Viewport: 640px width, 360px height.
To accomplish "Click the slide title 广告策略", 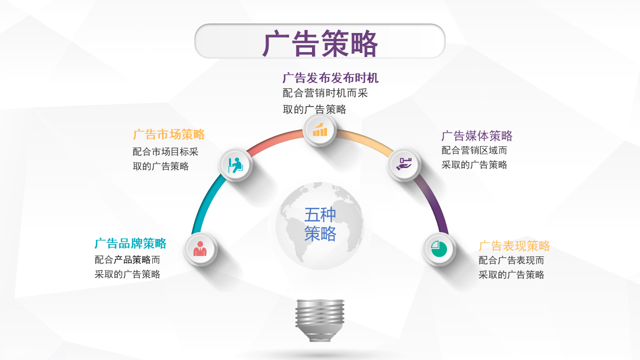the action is click(320, 43).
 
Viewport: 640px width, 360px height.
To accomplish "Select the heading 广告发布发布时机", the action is click(330, 78).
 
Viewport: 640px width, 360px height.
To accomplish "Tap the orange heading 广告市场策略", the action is click(169, 134).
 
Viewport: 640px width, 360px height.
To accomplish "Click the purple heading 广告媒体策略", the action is click(477, 136).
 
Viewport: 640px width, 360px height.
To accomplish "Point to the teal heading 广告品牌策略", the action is click(130, 243).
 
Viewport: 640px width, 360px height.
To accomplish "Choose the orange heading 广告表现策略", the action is click(514, 246).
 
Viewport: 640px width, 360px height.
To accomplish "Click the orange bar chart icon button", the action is click(320, 129).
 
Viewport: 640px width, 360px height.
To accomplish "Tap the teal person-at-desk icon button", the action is click(235, 165).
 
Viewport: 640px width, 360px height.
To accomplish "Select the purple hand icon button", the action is click(404, 164).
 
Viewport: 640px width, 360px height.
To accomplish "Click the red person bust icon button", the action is click(200, 248).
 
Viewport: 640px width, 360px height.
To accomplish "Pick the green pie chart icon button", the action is click(439, 248).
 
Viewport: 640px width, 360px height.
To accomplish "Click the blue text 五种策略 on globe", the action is click(320, 224).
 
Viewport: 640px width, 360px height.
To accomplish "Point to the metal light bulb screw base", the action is click(320, 320).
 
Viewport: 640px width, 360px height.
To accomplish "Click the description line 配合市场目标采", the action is click(165, 152).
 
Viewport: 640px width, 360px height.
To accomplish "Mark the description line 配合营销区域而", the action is click(474, 150).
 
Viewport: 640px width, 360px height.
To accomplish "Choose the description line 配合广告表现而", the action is click(511, 260).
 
